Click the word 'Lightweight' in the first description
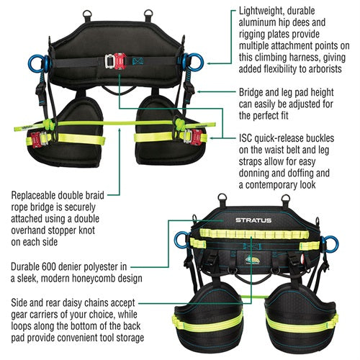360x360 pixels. (x=262, y=14)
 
